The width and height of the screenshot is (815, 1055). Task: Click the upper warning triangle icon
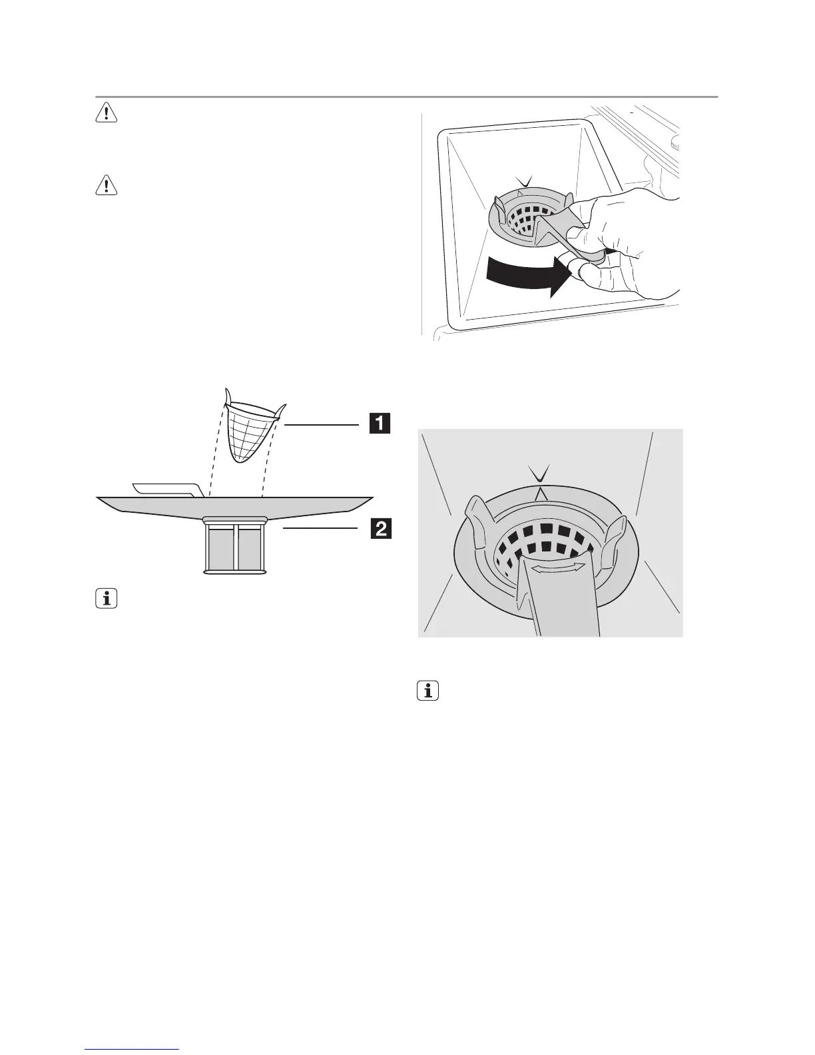[107, 114]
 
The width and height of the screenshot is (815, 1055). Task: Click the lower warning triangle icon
[107, 186]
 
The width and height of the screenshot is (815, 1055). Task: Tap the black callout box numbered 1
[380, 424]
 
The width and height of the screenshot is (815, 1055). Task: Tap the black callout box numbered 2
[380, 529]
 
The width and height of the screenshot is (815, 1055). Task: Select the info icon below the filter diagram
[107, 599]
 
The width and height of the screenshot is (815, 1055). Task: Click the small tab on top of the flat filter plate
[166, 489]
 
